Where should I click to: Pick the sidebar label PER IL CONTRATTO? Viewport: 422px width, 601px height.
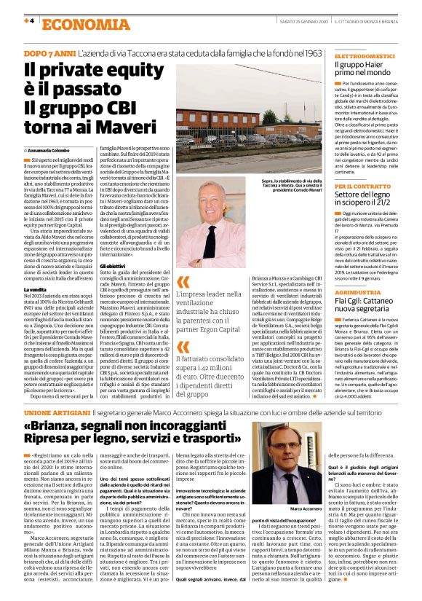pos(361,186)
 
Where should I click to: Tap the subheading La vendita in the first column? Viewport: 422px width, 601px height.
pos(35,289)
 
